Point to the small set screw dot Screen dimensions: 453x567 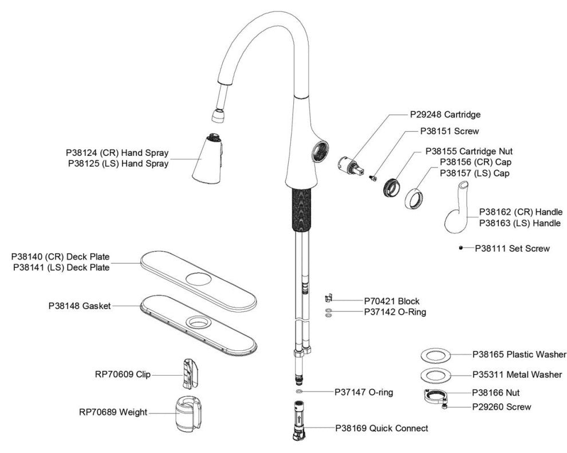[460, 248]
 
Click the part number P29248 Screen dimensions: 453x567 [427, 115]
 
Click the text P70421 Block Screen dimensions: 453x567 [392, 301]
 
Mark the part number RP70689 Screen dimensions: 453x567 [98, 412]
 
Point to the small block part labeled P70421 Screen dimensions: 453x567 [328, 298]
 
